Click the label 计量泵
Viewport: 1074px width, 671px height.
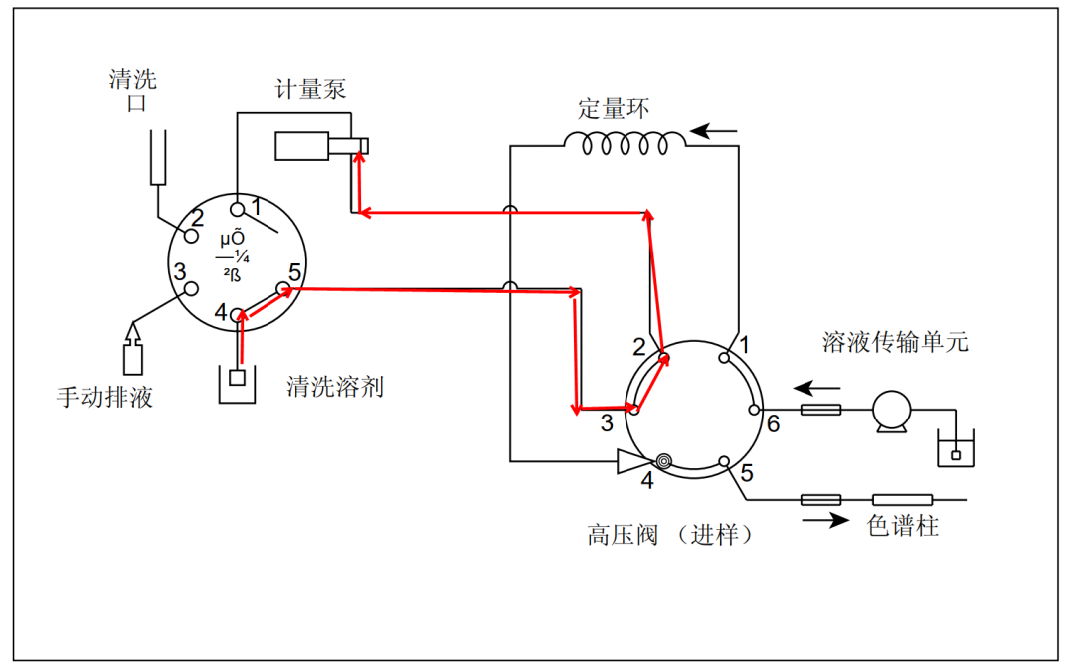tap(310, 89)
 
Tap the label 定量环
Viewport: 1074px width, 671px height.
tap(614, 108)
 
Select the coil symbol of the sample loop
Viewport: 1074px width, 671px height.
tap(624, 145)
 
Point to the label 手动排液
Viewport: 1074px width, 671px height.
tap(104, 398)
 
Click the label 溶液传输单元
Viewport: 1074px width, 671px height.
tap(895, 343)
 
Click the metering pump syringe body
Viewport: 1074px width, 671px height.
tap(311, 146)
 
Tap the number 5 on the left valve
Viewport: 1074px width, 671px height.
tap(295, 271)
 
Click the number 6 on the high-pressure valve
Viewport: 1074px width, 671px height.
tap(773, 424)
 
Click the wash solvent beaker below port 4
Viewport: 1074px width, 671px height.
tap(237, 382)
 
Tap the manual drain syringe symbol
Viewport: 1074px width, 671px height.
tap(133, 354)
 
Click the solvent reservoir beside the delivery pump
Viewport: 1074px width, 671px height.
tap(956, 451)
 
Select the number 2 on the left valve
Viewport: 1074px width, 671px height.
tap(197, 217)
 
